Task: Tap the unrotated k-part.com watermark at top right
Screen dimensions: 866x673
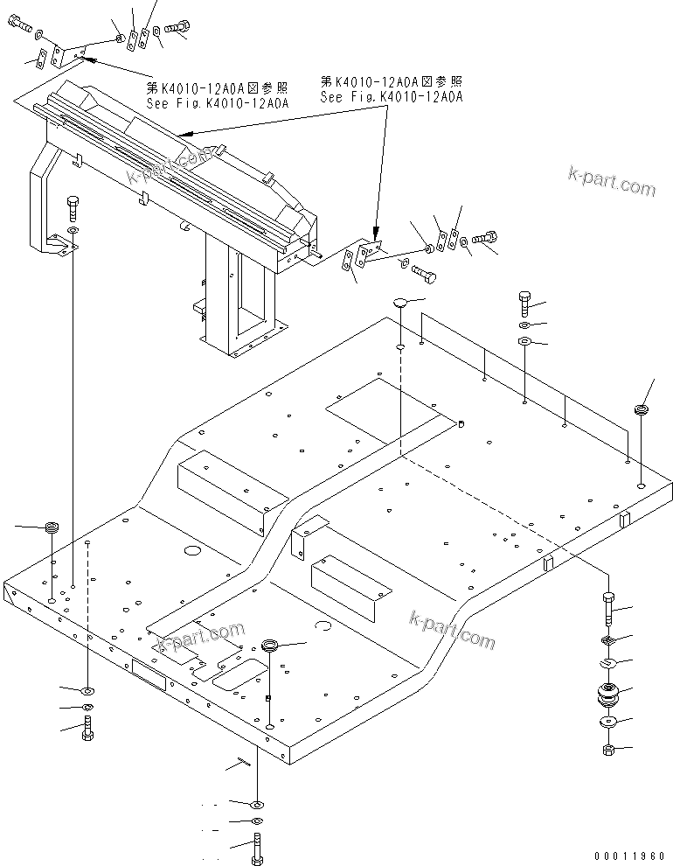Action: pyautogui.click(x=611, y=187)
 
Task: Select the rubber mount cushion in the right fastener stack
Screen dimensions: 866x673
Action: pyautogui.click(x=607, y=695)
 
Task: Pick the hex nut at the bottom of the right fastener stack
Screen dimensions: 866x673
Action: pyautogui.click(x=608, y=750)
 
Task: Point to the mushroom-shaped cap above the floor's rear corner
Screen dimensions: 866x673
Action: pyautogui.click(x=400, y=303)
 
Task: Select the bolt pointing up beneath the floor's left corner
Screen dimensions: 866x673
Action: pyautogui.click(x=87, y=726)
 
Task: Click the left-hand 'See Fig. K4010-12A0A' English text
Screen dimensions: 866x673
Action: pyautogui.click(x=217, y=102)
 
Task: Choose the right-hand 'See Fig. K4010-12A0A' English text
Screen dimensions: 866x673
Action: pyautogui.click(x=391, y=97)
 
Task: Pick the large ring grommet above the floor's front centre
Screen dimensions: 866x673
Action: pyautogui.click(x=272, y=646)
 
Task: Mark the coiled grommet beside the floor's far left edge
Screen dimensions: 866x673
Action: pyautogui.click(x=52, y=527)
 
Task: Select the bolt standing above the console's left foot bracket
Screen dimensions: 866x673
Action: pyautogui.click(x=73, y=210)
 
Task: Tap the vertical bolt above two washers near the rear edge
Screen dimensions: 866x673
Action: pyautogui.click(x=524, y=302)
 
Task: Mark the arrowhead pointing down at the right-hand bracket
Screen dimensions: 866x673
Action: pyautogui.click(x=376, y=234)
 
